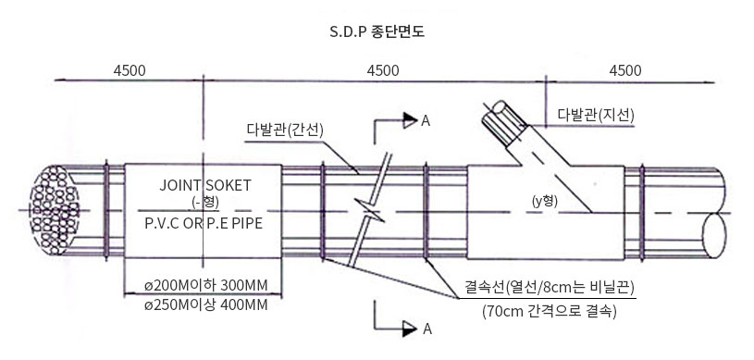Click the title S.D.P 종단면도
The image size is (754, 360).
(377, 31)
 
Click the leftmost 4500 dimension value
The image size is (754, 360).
(130, 70)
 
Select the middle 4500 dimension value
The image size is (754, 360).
(383, 70)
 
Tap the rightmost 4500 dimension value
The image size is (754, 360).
(625, 70)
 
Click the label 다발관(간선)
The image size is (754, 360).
(285, 130)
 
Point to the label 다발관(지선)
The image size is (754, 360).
(596, 115)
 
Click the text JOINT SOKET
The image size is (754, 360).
(205, 185)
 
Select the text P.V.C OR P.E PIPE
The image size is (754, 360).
(204, 224)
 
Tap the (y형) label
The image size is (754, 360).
(545, 201)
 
